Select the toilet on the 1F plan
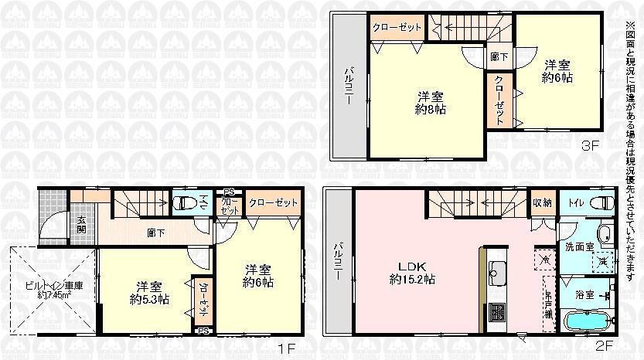coord(182,203)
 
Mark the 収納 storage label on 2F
coord(541,203)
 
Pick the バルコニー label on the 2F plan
coord(337,262)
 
